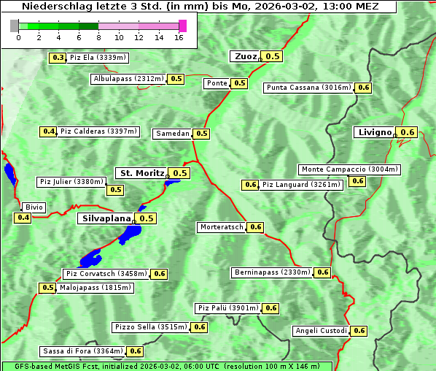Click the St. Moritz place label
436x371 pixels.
(x=141, y=173)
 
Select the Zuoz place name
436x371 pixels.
(x=245, y=56)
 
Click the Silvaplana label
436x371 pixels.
(x=106, y=218)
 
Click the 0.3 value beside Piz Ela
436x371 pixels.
(x=58, y=58)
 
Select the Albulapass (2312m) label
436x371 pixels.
(x=128, y=79)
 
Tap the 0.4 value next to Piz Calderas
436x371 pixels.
(x=48, y=131)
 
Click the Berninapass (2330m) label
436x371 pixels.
(x=273, y=272)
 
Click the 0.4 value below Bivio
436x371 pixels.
(x=23, y=218)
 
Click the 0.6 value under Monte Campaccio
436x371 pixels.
(x=357, y=181)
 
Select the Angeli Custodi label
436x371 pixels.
(x=321, y=331)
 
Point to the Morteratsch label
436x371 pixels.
(x=222, y=227)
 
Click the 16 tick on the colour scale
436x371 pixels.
(x=179, y=38)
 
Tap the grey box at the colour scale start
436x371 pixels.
(x=15, y=26)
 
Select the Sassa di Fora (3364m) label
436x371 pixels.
(x=82, y=351)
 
